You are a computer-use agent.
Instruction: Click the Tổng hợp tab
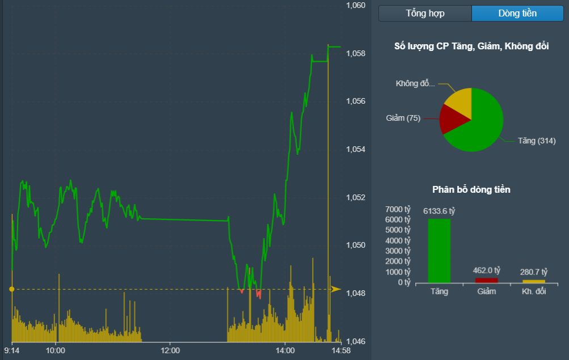click(425, 14)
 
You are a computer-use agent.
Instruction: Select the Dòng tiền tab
click(517, 14)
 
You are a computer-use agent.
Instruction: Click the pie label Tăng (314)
click(537, 141)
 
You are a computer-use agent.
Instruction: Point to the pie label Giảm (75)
click(403, 118)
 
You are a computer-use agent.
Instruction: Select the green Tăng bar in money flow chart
click(439, 251)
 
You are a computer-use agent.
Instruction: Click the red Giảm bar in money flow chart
click(487, 280)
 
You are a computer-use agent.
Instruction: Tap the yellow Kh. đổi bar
click(533, 281)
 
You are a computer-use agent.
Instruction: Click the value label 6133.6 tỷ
click(439, 211)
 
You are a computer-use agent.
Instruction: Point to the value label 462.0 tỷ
click(487, 270)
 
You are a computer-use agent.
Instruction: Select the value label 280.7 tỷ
click(534, 272)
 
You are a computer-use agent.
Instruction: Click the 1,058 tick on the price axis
click(356, 54)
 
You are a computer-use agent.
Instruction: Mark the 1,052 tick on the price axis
click(356, 198)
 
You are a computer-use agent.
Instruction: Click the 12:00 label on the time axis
click(170, 351)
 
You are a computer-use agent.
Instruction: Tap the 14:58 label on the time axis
click(340, 351)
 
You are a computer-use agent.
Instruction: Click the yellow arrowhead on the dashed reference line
click(336, 289)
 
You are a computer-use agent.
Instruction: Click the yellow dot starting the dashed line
click(12, 289)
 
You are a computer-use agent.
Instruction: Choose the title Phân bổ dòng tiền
click(471, 189)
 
